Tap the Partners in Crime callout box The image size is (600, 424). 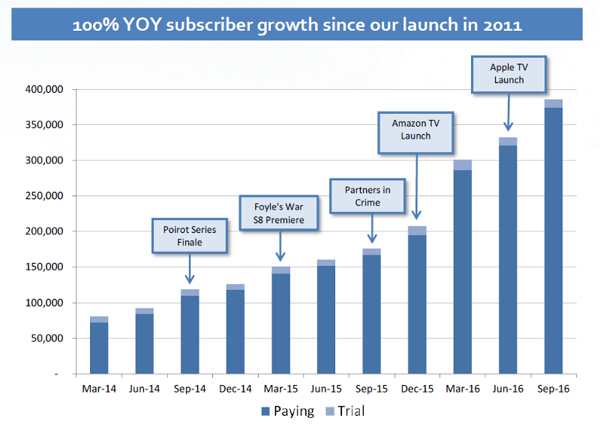367,196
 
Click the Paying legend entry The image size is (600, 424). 285,410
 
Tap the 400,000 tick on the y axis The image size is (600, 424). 50,90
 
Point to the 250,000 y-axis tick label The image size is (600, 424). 50,196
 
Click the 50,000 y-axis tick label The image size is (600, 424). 52,339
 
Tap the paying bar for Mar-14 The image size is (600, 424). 98,348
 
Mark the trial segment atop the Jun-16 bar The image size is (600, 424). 508,142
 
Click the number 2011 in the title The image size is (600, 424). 502,25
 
